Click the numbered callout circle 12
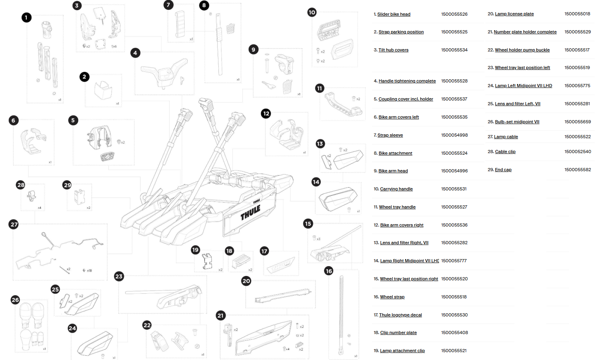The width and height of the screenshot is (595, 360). point(266,113)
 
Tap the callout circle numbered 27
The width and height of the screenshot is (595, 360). point(14,225)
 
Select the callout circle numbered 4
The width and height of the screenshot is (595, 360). point(135,53)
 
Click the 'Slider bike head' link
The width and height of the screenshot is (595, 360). point(394,14)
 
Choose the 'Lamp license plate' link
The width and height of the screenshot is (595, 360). point(514,14)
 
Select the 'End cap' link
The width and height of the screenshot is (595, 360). point(503,170)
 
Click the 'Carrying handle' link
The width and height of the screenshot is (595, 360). point(396,189)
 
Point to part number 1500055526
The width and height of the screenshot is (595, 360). point(454,14)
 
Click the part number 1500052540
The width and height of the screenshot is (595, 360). point(577,152)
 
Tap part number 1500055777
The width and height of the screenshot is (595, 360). point(454,261)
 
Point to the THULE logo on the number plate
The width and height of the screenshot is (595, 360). point(251,212)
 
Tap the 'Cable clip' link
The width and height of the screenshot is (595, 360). point(505,152)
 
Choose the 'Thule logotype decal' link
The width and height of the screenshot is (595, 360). point(400,315)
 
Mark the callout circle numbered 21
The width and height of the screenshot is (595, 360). point(221,315)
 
